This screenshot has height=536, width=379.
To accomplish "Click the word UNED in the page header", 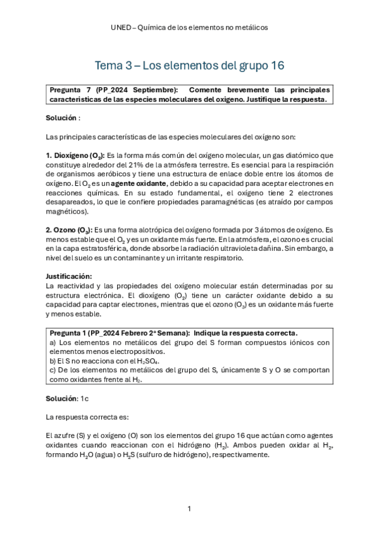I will (x=120, y=27).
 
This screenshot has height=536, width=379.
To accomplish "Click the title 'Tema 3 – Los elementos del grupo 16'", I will (x=189, y=65).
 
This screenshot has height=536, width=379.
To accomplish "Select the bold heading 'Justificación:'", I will (x=69, y=276).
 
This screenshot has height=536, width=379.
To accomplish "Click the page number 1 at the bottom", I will (x=189, y=508).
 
